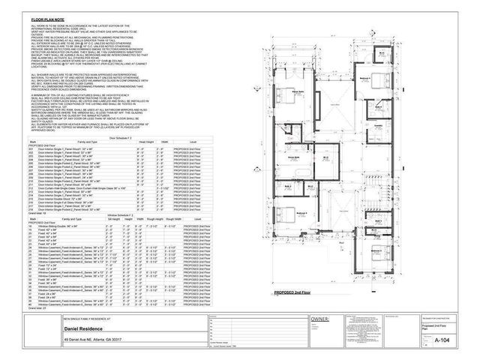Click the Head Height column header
coord(145,142)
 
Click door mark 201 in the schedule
coord(31,148)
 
